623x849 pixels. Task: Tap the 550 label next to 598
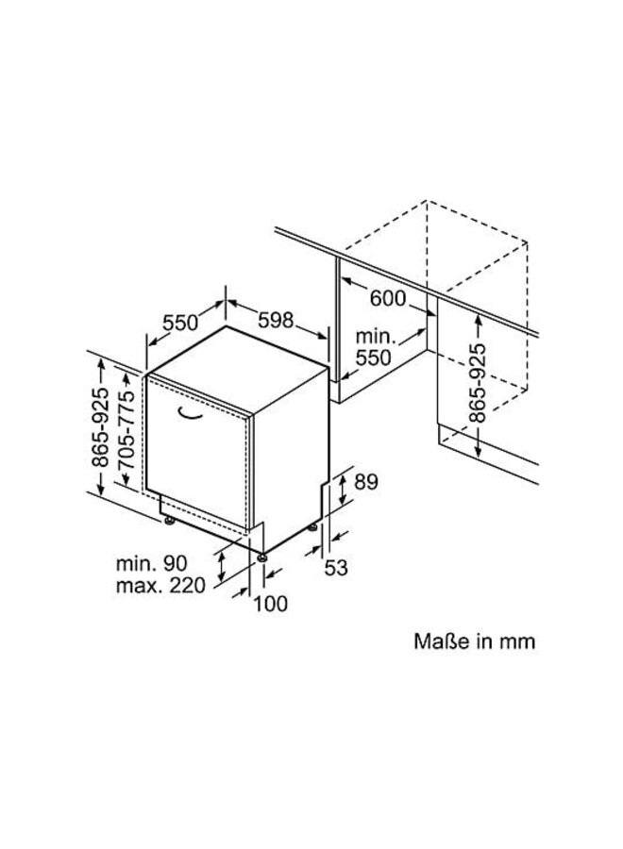180,322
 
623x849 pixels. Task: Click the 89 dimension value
365,482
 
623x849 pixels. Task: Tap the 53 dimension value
337,567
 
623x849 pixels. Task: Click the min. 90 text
152,563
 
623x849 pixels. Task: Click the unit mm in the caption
518,641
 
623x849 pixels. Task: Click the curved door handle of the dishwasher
194,413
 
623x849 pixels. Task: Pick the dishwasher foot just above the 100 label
261,557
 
